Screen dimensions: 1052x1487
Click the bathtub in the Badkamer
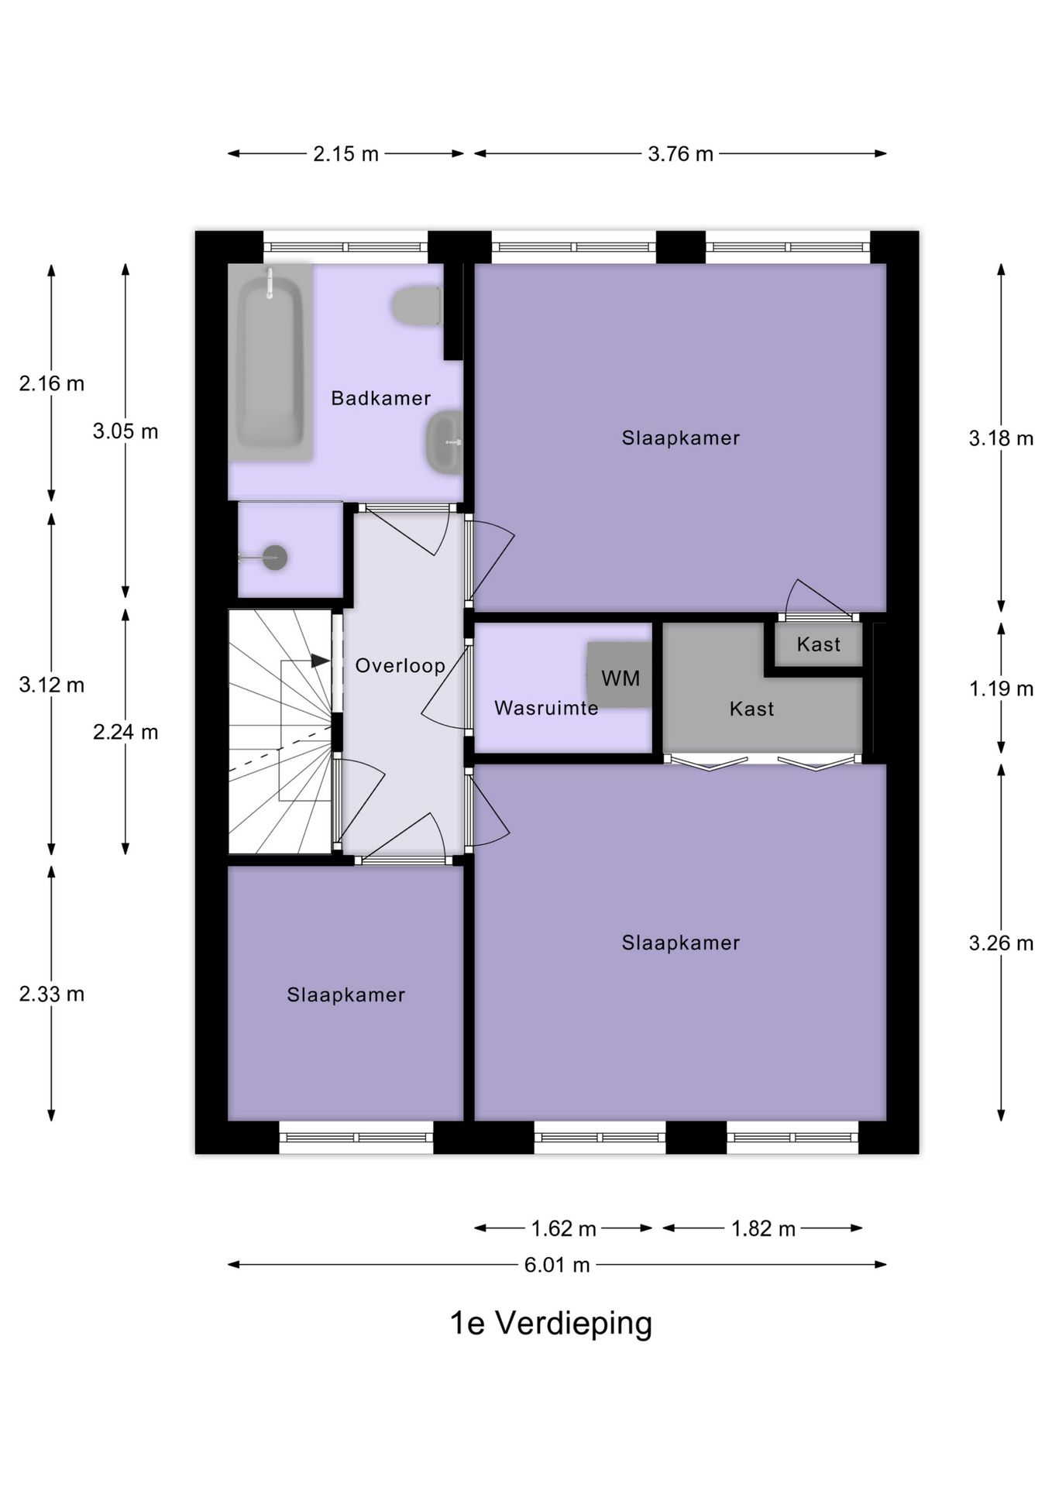click(270, 362)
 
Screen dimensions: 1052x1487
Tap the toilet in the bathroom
click(417, 306)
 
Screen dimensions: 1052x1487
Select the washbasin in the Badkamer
click(443, 441)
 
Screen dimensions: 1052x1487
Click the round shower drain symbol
click(274, 558)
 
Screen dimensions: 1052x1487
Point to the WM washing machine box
click(619, 675)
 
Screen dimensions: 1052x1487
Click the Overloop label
click(400, 666)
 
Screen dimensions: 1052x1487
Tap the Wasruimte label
click(546, 708)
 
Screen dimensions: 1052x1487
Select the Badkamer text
click(380, 398)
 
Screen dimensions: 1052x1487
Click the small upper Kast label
click(818, 644)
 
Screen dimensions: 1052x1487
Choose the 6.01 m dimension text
click(557, 1265)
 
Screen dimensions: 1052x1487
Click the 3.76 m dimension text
click(680, 153)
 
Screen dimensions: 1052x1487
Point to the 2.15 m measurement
click(346, 153)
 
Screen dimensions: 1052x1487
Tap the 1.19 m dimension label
click(1001, 689)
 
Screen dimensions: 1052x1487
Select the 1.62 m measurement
click(563, 1228)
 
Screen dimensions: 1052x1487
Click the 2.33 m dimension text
click(52, 994)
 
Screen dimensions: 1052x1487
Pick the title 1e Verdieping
click(551, 1323)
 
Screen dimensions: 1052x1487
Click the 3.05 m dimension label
click(125, 431)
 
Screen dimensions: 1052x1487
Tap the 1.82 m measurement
click(763, 1228)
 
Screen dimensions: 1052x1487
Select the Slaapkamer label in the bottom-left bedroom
click(346, 995)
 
